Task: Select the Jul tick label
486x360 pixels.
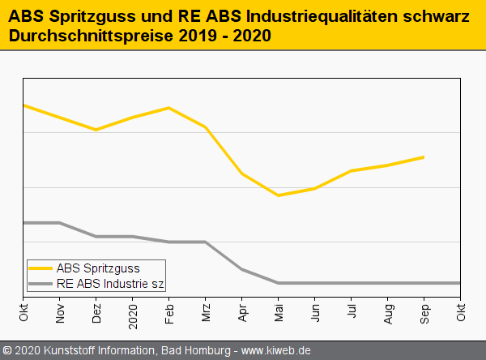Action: pyautogui.click(x=352, y=310)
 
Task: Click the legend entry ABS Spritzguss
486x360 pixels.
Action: pyautogui.click(x=98, y=268)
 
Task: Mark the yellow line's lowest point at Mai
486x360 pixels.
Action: pyautogui.click(x=278, y=195)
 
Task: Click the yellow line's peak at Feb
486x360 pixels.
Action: pyautogui.click(x=168, y=108)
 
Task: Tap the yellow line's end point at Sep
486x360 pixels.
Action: pyautogui.click(x=424, y=156)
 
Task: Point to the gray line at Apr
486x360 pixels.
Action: pyautogui.click(x=241, y=268)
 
